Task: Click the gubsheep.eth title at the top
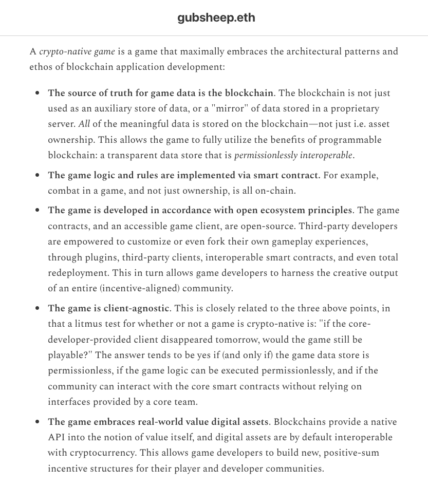pyautogui.click(x=216, y=18)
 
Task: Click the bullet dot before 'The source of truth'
pyautogui.click(x=37, y=94)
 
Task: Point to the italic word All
pyautogui.click(x=85, y=124)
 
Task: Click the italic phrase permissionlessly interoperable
pyautogui.click(x=293, y=155)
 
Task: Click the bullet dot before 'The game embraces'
pyautogui.click(x=37, y=422)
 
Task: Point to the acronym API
pyautogui.click(x=57, y=437)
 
